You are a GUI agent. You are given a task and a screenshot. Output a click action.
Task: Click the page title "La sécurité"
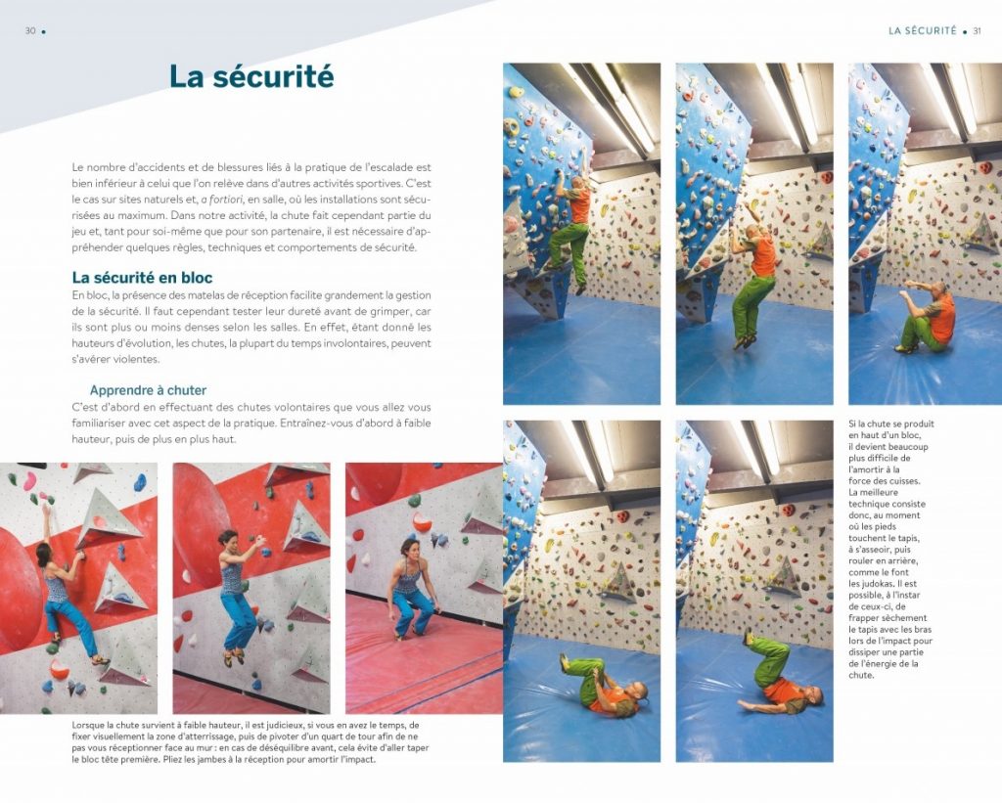251,76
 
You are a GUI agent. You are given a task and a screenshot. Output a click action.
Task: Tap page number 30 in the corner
30,31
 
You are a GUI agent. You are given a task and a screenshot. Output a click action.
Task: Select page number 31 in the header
977,31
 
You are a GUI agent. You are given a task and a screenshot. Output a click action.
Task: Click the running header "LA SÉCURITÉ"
922,31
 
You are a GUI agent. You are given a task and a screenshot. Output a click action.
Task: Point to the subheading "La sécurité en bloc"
142,278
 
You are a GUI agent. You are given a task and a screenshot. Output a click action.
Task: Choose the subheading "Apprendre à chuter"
148,390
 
